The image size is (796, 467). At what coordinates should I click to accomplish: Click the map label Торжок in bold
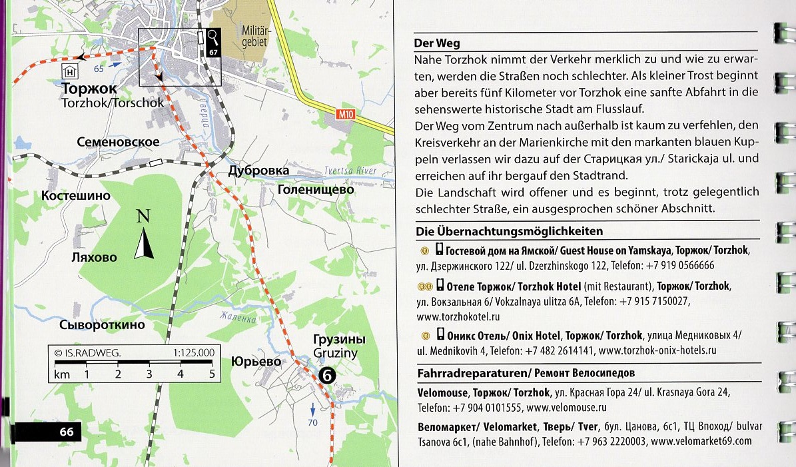click(x=89, y=89)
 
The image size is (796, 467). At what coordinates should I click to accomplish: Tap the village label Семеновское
click(x=118, y=142)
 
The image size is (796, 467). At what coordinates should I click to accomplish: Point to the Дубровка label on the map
click(x=258, y=171)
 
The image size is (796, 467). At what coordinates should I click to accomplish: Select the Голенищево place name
click(x=315, y=190)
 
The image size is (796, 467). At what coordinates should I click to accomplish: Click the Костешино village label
click(x=75, y=197)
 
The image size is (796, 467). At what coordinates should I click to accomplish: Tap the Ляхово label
click(x=94, y=257)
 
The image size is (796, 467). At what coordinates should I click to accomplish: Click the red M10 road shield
click(x=344, y=115)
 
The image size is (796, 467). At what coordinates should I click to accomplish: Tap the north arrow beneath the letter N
click(x=145, y=244)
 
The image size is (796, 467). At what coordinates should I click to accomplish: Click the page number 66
click(x=66, y=432)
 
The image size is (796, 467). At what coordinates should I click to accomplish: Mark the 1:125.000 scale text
click(x=193, y=352)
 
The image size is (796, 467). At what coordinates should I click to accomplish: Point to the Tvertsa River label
click(x=350, y=171)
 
